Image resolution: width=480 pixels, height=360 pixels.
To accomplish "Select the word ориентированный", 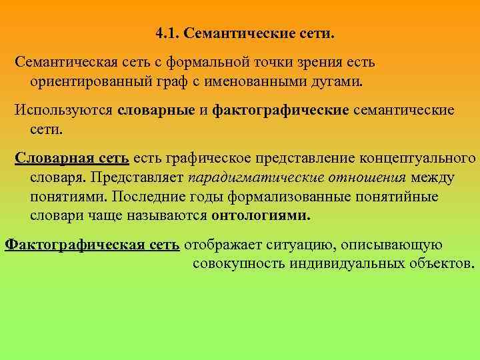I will click(89, 81).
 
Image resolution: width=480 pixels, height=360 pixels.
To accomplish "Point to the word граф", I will click(169, 81).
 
